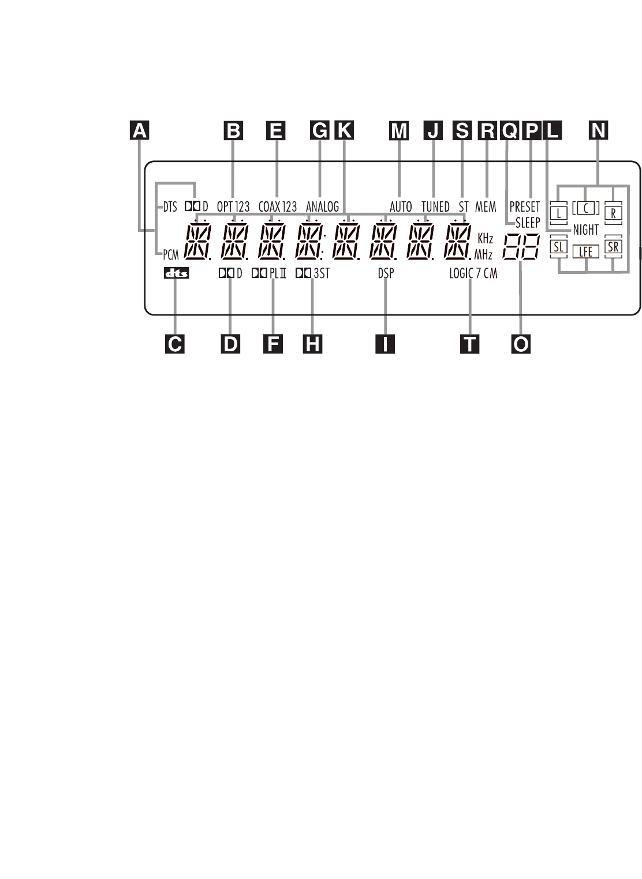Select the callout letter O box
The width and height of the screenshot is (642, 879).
tap(521, 344)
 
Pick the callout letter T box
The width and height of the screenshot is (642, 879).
tap(470, 344)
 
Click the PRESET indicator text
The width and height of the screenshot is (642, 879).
tap(524, 206)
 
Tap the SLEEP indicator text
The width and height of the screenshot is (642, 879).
tap(528, 223)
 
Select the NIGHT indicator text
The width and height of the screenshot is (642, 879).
tap(585, 230)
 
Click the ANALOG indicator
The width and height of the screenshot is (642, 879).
tap(322, 206)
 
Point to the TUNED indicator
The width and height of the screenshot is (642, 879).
tap(435, 206)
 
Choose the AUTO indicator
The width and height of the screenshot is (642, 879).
tap(401, 206)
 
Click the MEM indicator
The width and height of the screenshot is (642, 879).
tap(486, 206)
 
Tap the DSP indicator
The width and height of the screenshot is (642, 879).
tap(386, 273)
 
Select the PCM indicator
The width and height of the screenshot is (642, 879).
tap(171, 254)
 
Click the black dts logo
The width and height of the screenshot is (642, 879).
tap(176, 274)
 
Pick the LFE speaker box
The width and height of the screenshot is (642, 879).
tap(585, 251)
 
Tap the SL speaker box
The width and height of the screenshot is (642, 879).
tap(558, 248)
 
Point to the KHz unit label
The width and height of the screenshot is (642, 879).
tap(485, 238)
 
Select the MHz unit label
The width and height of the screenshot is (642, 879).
tap(483, 254)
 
